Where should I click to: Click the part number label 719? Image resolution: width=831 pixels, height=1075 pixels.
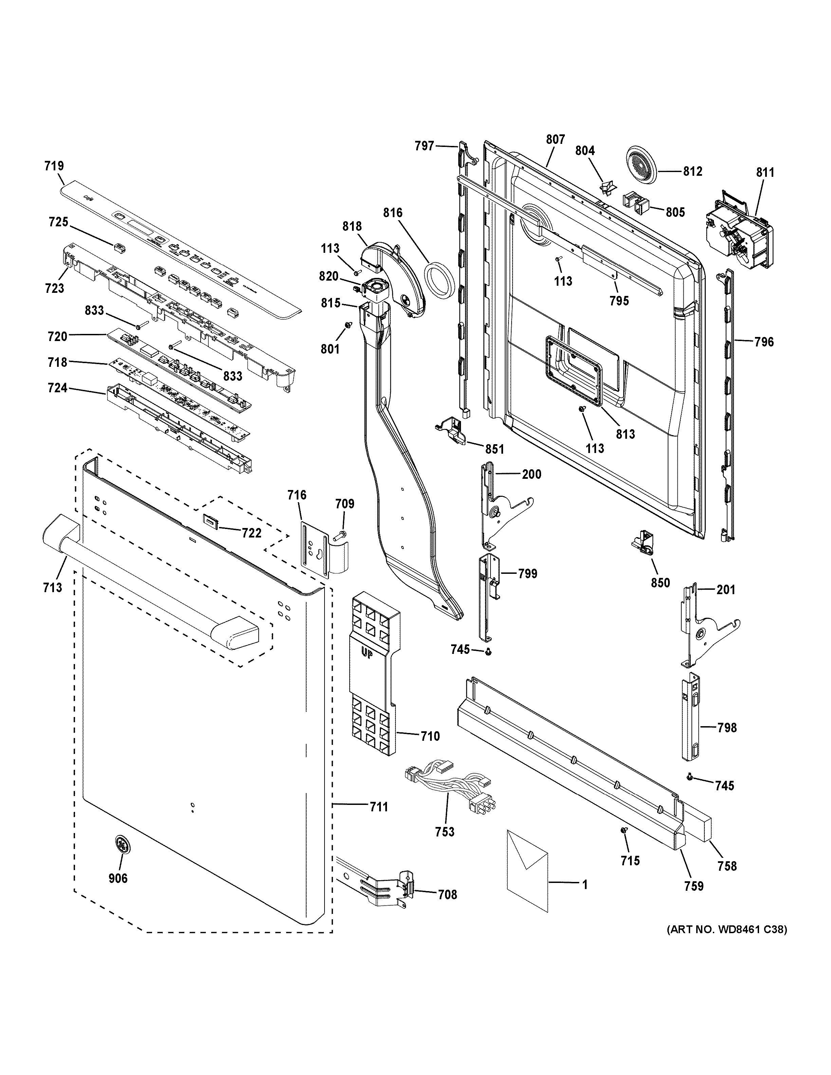click(54, 166)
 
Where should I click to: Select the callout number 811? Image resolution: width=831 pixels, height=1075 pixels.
click(765, 172)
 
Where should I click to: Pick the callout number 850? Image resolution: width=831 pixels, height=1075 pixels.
click(660, 583)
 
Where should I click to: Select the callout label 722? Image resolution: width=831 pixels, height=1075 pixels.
click(251, 532)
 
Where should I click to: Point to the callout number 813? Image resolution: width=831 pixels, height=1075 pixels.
click(625, 434)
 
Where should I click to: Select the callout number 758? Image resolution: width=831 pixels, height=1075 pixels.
click(727, 866)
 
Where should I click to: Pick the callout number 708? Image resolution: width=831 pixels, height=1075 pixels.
click(447, 894)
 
